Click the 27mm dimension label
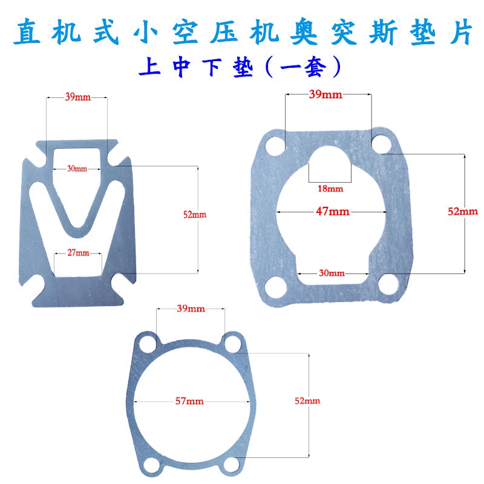(77, 252)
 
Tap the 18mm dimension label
(330, 189)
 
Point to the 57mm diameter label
(189, 401)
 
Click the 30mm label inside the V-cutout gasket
(77, 169)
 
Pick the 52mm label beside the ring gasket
(307, 401)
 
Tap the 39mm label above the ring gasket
(190, 309)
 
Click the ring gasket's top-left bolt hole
(146, 344)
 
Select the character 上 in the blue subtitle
(149, 66)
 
